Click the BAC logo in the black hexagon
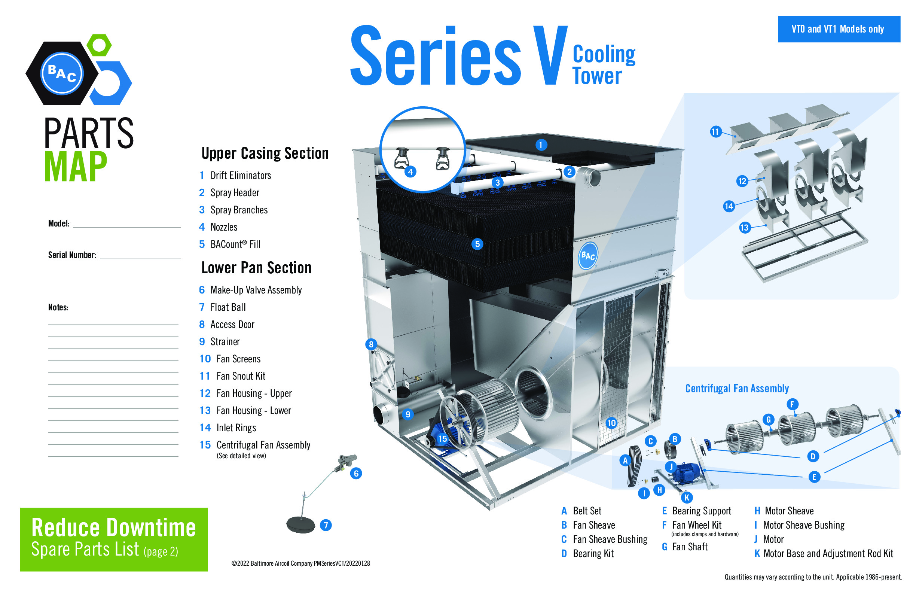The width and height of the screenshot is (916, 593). pyautogui.click(x=62, y=73)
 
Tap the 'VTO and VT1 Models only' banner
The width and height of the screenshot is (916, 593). pyautogui.click(x=838, y=29)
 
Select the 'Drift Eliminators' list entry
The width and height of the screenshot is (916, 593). pyautogui.click(x=241, y=176)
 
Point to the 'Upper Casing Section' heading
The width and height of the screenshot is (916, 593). pyautogui.click(x=265, y=153)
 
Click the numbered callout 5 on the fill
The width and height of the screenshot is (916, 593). pyautogui.click(x=477, y=244)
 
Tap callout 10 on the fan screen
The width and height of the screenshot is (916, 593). pyautogui.click(x=611, y=423)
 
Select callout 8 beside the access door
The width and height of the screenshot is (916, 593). pyautogui.click(x=371, y=344)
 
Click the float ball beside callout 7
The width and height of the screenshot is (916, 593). pyautogui.click(x=300, y=524)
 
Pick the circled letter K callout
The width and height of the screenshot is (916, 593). pyautogui.click(x=687, y=498)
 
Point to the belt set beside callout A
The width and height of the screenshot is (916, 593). pyautogui.click(x=634, y=466)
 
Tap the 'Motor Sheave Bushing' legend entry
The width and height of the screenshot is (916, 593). pyautogui.click(x=803, y=525)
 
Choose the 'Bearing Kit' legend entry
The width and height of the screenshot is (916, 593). pyautogui.click(x=593, y=554)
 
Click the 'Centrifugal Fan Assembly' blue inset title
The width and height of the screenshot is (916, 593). pyautogui.click(x=737, y=389)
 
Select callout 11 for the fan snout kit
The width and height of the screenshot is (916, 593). pyautogui.click(x=715, y=132)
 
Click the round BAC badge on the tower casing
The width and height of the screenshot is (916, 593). pyautogui.click(x=588, y=256)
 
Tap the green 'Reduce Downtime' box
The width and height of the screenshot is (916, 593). pyautogui.click(x=114, y=539)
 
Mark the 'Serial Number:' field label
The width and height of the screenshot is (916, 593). pyautogui.click(x=72, y=255)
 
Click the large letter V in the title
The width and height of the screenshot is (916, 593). pyautogui.click(x=550, y=56)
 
